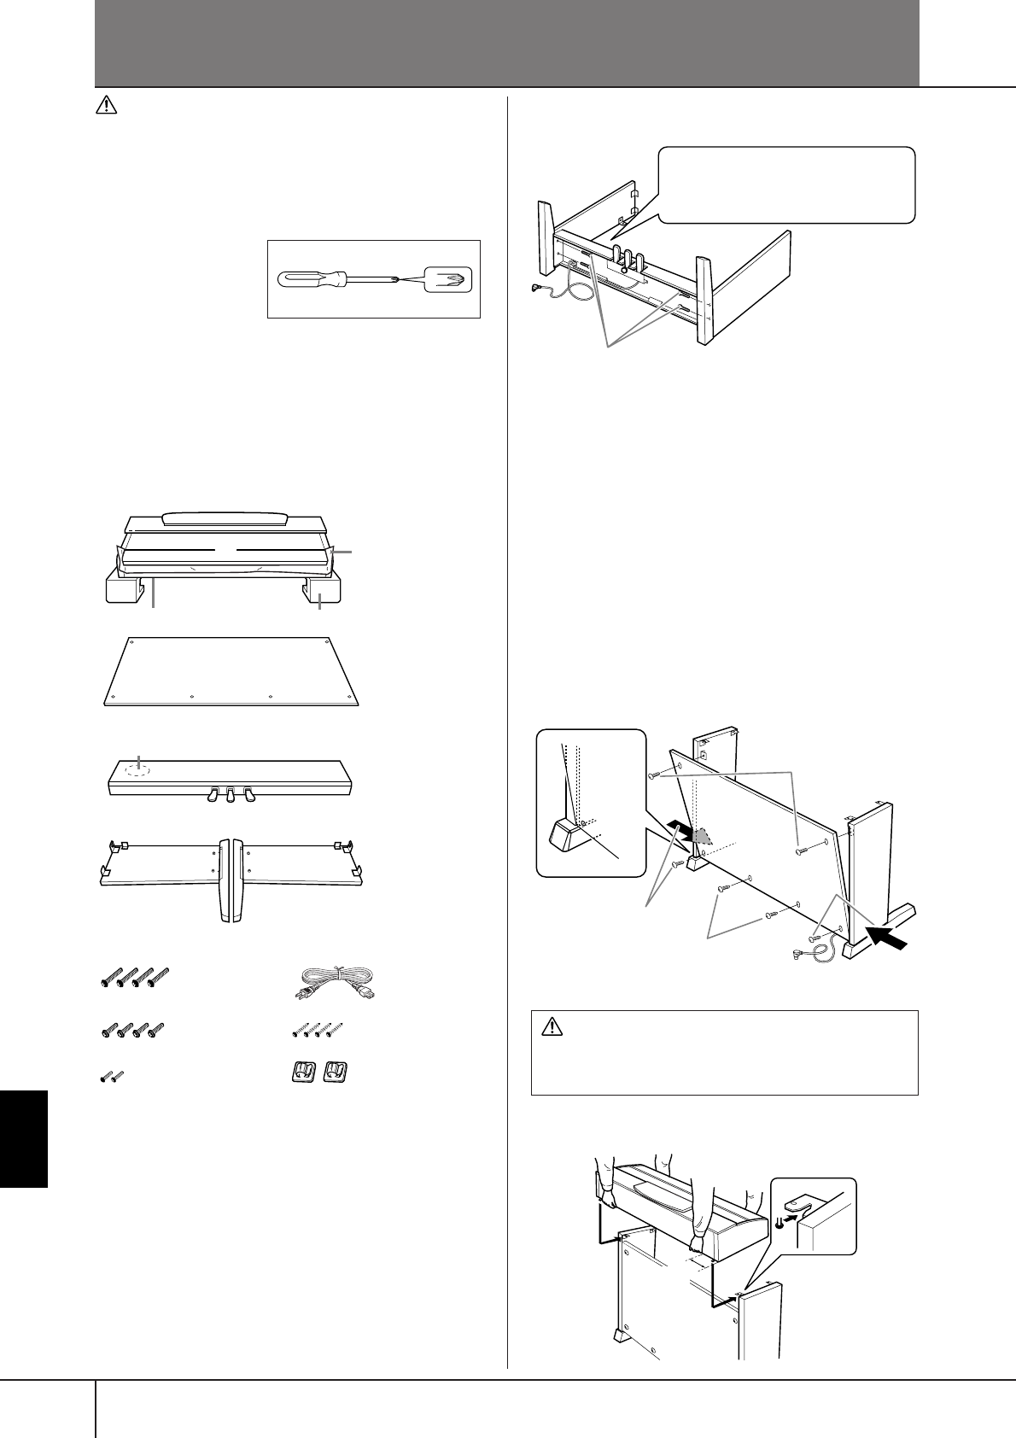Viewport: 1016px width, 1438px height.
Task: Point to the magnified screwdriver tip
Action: point(447,278)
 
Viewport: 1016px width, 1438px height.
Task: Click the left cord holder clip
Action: point(301,1073)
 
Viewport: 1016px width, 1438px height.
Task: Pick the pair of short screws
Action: point(111,1076)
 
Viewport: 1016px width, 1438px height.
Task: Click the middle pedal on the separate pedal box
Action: point(230,795)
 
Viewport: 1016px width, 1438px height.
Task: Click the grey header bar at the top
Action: point(506,43)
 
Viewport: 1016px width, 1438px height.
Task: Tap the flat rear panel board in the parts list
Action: point(231,671)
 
